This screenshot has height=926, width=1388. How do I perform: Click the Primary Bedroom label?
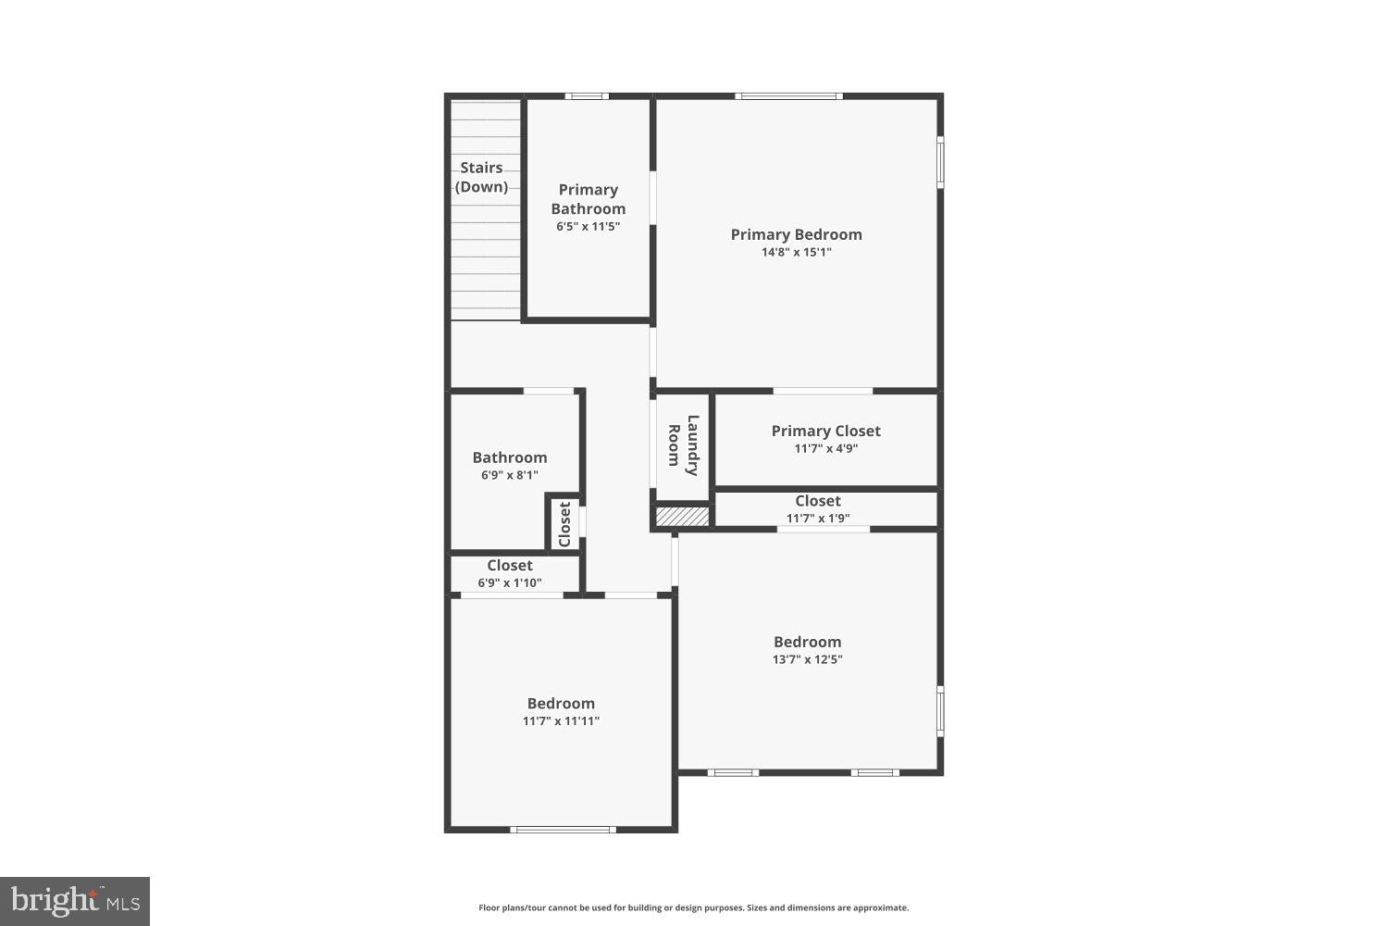pyautogui.click(x=796, y=234)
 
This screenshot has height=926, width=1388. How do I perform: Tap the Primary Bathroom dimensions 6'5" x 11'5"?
pyautogui.click(x=588, y=226)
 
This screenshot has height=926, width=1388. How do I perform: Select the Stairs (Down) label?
pyautogui.click(x=482, y=177)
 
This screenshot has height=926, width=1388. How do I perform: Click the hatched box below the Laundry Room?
pyautogui.click(x=683, y=516)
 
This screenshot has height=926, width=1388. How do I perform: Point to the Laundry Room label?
pyautogui.click(x=683, y=444)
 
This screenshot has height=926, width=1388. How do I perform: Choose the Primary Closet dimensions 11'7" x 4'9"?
pyautogui.click(x=825, y=448)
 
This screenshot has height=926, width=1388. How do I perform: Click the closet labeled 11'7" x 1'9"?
pyautogui.click(x=818, y=508)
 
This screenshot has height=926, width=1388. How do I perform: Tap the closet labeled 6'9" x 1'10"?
pyautogui.click(x=510, y=573)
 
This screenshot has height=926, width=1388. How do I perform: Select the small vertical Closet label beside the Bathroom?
pyautogui.click(x=564, y=524)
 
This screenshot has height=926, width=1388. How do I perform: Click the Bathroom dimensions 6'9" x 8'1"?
pyautogui.click(x=509, y=475)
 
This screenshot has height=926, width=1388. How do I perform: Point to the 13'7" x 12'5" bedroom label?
pyautogui.click(x=807, y=642)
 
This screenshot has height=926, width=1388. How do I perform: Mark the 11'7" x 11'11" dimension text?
pyautogui.click(x=561, y=720)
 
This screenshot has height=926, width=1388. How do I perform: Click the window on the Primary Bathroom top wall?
pyautogui.click(x=587, y=95)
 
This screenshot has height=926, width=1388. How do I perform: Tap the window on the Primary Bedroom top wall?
pyautogui.click(x=788, y=95)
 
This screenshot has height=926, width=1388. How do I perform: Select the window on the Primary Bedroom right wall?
pyautogui.click(x=940, y=163)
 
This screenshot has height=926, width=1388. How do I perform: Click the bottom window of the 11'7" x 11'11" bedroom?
pyautogui.click(x=563, y=830)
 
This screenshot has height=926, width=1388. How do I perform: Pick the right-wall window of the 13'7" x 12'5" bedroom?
pyautogui.click(x=940, y=711)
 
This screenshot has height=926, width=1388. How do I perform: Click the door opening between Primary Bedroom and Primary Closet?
pyautogui.click(x=823, y=391)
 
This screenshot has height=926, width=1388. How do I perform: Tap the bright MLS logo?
pyautogui.click(x=75, y=901)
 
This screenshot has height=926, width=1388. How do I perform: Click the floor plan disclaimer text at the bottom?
pyautogui.click(x=693, y=907)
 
